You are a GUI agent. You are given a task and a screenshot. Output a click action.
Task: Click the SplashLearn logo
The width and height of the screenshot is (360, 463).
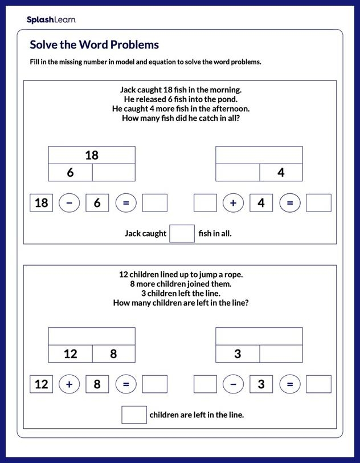tap(51, 20)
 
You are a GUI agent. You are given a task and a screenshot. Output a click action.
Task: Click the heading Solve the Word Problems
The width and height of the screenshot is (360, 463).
tap(94, 45)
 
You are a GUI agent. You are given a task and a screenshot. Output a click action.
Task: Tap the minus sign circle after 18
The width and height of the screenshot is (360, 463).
tap(69, 202)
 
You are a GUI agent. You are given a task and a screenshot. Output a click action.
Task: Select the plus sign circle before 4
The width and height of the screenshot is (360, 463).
tap(233, 202)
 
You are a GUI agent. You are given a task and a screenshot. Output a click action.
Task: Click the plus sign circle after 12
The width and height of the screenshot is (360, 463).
tap(69, 384)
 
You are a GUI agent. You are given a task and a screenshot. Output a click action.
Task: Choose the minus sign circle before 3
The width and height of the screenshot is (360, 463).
tap(233, 384)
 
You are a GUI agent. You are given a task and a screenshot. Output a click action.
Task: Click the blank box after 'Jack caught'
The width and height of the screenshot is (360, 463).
tap(182, 233)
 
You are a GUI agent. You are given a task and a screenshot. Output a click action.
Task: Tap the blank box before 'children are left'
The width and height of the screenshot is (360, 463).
tap(134, 415)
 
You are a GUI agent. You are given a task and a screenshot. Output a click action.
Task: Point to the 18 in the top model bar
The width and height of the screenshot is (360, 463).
tap(92, 155)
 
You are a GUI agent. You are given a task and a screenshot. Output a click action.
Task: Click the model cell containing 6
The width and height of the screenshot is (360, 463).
tap(71, 173)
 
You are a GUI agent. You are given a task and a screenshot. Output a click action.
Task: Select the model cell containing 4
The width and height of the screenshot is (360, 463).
tap(281, 173)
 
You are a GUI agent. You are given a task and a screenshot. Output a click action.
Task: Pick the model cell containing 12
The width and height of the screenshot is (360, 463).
tap(71, 354)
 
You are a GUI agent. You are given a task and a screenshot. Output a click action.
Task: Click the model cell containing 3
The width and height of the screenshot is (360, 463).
tap(238, 354)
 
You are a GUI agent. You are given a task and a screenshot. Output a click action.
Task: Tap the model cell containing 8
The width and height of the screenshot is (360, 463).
tap(113, 354)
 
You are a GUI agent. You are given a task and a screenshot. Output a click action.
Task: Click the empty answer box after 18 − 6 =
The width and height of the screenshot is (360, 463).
tap(154, 202)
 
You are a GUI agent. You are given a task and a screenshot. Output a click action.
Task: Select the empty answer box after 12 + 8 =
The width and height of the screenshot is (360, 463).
tap(154, 384)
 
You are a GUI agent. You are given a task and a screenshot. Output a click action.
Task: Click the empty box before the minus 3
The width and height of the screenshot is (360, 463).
tap(205, 384)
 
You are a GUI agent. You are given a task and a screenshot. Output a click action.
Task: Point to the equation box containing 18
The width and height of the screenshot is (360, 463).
tap(42, 202)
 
